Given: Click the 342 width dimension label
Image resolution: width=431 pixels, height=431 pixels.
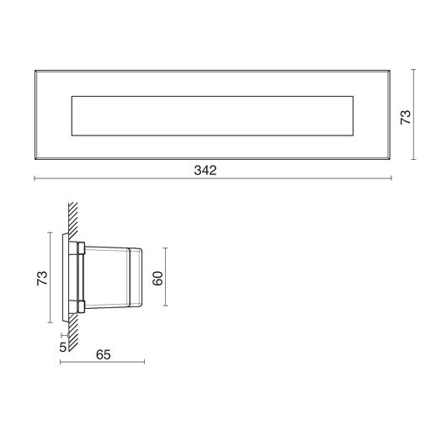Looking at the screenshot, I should point(205,170).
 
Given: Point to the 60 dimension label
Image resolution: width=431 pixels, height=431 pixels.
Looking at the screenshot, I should point(157,279).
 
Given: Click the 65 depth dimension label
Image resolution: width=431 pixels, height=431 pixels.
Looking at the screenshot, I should point(103,354).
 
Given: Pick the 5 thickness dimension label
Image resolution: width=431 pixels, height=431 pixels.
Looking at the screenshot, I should point(62,345).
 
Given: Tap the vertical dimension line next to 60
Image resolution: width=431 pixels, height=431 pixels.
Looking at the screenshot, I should point(167,279).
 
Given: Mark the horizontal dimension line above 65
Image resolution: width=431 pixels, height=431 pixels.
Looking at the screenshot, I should point(103,364).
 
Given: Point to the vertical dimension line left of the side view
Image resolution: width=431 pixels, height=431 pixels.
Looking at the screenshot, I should point(52,279).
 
